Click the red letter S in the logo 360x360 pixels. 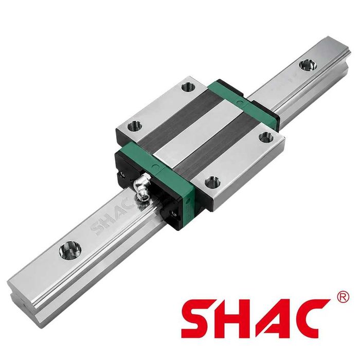pos(199,318)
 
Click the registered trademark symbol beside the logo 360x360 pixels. pos(344,297)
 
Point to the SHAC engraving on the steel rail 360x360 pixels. pos(113,217)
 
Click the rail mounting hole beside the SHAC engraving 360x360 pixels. pos(70,250)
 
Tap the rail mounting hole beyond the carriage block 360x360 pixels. pos(308,65)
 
